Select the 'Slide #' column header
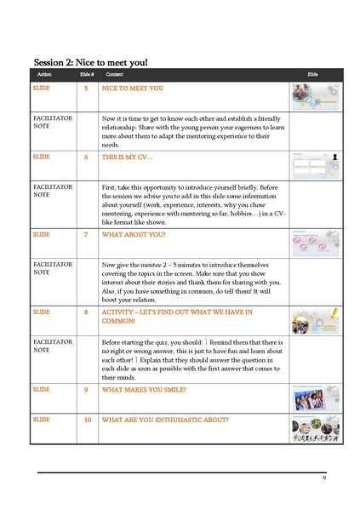[x=86, y=75]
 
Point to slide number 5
[x=86, y=88]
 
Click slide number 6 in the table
[x=86, y=157]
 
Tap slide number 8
[x=86, y=312]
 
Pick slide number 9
[x=86, y=390]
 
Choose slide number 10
[x=87, y=420]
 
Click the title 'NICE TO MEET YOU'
[x=133, y=88]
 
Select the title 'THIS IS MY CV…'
[x=132, y=157]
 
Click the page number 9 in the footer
[x=324, y=479]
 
